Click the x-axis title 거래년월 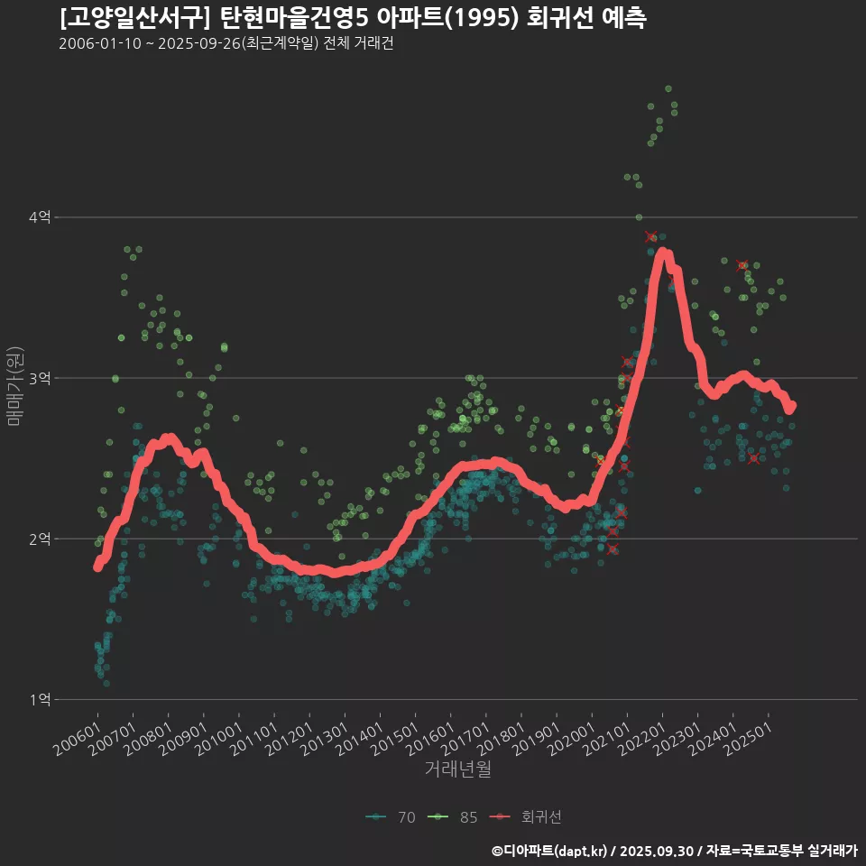point(457,769)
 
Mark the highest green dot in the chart point(668,88)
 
